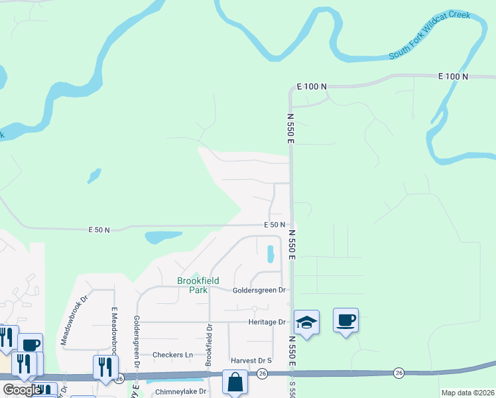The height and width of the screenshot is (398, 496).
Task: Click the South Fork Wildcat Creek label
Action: (430, 34)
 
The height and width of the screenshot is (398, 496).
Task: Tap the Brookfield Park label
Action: (198, 285)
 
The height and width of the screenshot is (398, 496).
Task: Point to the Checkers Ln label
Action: (172, 354)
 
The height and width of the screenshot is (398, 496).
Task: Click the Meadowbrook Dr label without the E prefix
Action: (74, 320)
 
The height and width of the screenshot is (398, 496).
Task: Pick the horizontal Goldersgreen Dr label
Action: (259, 290)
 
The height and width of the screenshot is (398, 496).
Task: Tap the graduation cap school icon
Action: (306, 322)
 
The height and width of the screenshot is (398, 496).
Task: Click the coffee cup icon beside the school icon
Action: (345, 320)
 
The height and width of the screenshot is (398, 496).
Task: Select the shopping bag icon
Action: (235, 382)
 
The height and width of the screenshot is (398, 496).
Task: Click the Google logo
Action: (22, 390)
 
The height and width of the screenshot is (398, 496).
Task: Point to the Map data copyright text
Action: (467, 393)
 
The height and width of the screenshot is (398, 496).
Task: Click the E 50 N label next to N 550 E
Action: (274, 226)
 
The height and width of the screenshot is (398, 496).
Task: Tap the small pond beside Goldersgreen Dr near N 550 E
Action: (270, 254)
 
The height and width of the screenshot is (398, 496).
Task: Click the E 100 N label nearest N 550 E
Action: (312, 87)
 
